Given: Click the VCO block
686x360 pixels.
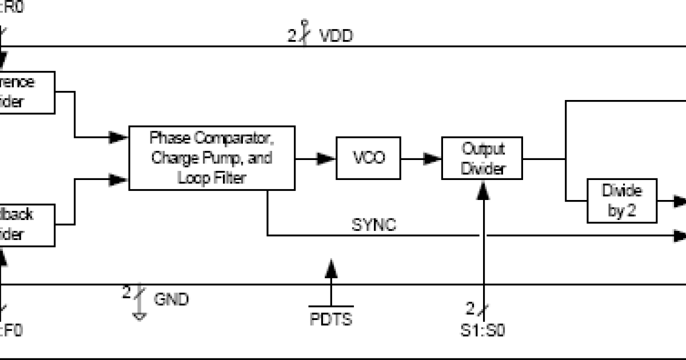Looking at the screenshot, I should [x=369, y=157].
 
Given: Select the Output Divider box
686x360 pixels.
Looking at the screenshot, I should [x=482, y=158].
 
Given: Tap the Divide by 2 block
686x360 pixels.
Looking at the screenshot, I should [x=622, y=201].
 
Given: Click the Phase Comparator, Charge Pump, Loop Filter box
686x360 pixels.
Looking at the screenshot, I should [x=212, y=157].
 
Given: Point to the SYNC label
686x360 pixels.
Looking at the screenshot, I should [x=373, y=225].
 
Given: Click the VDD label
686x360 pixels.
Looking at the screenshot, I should [x=336, y=36].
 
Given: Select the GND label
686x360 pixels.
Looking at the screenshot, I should [x=171, y=298].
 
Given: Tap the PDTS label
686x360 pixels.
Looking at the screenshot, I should [x=331, y=318].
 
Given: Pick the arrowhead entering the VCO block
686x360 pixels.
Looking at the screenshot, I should [x=327, y=158].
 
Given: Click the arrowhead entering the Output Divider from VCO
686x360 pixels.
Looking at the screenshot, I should [x=433, y=158].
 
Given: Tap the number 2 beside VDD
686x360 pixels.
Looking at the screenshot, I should [x=292, y=37].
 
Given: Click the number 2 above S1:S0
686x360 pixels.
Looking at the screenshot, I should [x=470, y=309].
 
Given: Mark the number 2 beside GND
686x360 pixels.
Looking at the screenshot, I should [x=127, y=293].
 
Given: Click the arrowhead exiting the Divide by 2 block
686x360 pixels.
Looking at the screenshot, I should [x=679, y=201].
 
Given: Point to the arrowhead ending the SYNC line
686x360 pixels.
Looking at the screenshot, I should [x=679, y=235].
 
